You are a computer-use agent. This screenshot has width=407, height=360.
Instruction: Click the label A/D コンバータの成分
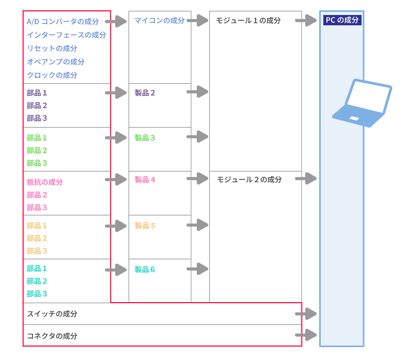[62, 22]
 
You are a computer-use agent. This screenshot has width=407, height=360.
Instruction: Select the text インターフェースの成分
[66, 35]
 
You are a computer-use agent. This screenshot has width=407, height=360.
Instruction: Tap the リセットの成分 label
[52, 49]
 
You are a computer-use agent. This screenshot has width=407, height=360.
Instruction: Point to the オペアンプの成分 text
[55, 62]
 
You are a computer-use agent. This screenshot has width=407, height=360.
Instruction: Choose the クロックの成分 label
[52, 75]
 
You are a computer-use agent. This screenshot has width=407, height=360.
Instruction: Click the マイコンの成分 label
[159, 21]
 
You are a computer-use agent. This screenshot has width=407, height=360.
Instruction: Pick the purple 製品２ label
[145, 93]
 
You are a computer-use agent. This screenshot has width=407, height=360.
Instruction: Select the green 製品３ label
[145, 138]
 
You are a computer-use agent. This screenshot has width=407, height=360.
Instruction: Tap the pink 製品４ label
[145, 180]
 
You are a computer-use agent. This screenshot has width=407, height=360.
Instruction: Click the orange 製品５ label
[145, 226]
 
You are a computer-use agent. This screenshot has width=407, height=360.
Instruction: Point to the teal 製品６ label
[145, 270]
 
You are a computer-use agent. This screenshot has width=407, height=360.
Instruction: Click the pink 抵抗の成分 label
[44, 182]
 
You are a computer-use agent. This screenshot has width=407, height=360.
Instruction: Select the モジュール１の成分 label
[248, 21]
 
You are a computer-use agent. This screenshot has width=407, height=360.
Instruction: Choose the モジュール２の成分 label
[249, 180]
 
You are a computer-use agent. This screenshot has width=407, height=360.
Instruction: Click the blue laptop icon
[362, 103]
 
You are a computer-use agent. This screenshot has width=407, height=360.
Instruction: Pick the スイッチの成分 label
[52, 314]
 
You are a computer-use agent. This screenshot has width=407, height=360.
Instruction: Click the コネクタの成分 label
[52, 336]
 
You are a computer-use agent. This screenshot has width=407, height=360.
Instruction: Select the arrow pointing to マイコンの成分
[116, 21]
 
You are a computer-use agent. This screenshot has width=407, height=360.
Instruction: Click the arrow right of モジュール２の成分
[306, 179]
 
